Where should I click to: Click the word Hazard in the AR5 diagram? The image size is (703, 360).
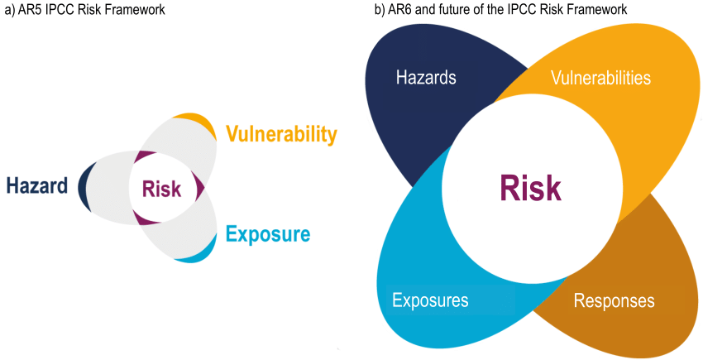(36, 185)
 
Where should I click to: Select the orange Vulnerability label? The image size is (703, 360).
(281, 134)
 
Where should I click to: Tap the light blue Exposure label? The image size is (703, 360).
(268, 234)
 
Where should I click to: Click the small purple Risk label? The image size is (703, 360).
(162, 189)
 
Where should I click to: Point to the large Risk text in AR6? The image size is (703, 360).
(530, 189)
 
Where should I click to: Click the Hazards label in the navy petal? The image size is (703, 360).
(426, 78)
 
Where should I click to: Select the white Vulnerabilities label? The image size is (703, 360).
(600, 78)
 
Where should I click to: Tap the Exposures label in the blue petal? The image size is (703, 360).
(430, 300)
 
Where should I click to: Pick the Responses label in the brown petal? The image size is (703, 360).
(614, 300)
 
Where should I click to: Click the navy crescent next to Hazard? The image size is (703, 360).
(83, 185)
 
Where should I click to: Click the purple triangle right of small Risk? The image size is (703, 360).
(199, 187)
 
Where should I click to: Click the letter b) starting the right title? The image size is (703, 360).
(380, 11)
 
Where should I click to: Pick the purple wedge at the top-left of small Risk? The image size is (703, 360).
(145, 158)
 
